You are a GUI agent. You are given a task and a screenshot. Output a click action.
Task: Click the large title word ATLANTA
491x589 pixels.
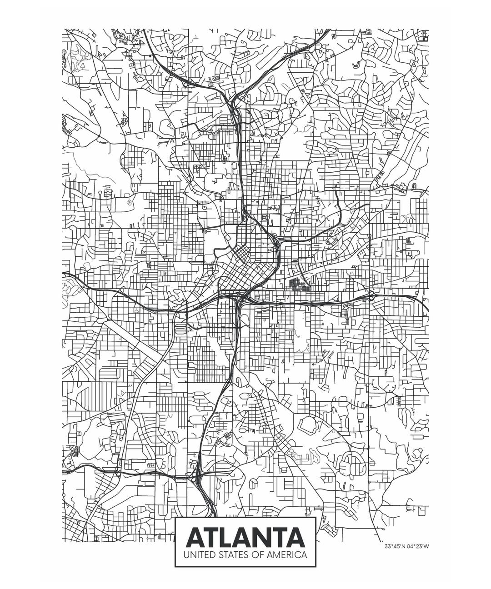click(245, 538)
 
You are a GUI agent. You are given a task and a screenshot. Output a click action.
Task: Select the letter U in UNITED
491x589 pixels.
click(185, 555)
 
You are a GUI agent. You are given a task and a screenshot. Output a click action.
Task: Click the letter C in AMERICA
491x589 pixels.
click(299, 555)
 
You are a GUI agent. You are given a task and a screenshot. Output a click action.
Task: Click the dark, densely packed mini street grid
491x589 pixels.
click(298, 284)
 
